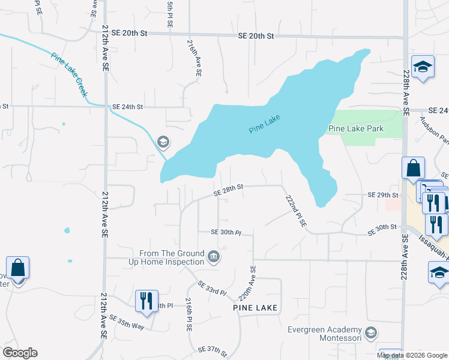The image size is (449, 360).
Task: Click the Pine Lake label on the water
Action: [x=265, y=124]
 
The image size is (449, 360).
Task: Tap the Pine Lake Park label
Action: [x=355, y=128]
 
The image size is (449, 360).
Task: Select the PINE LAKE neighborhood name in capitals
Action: [x=255, y=308]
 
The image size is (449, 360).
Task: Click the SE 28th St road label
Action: [x=229, y=190]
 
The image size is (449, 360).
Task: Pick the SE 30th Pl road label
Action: [x=225, y=232]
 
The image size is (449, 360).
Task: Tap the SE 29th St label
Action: [x=383, y=196]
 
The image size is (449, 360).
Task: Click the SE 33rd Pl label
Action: [x=212, y=289]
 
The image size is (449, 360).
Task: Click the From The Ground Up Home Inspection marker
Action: [x=213, y=258]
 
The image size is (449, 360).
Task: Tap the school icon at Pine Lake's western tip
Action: [x=162, y=142]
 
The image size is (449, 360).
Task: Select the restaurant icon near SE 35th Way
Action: [x=146, y=301]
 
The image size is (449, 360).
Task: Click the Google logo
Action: [x=20, y=353]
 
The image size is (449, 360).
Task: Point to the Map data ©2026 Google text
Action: [x=411, y=355]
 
